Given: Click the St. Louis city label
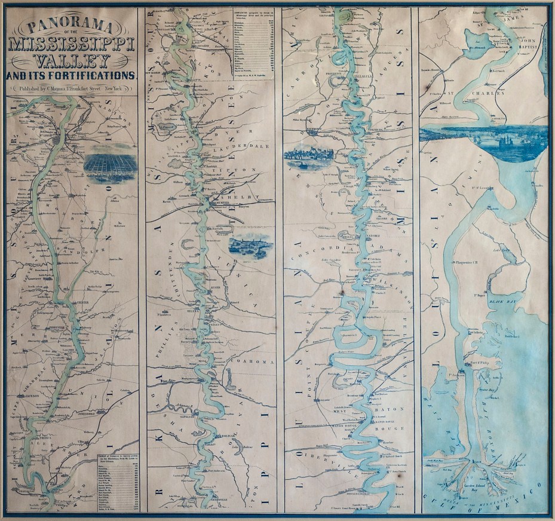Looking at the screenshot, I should pyautogui.click(x=54, y=134).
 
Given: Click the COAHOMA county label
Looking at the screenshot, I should pyautogui.click(x=256, y=362).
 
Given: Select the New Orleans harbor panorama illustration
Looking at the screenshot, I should pyautogui.click(x=484, y=140).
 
